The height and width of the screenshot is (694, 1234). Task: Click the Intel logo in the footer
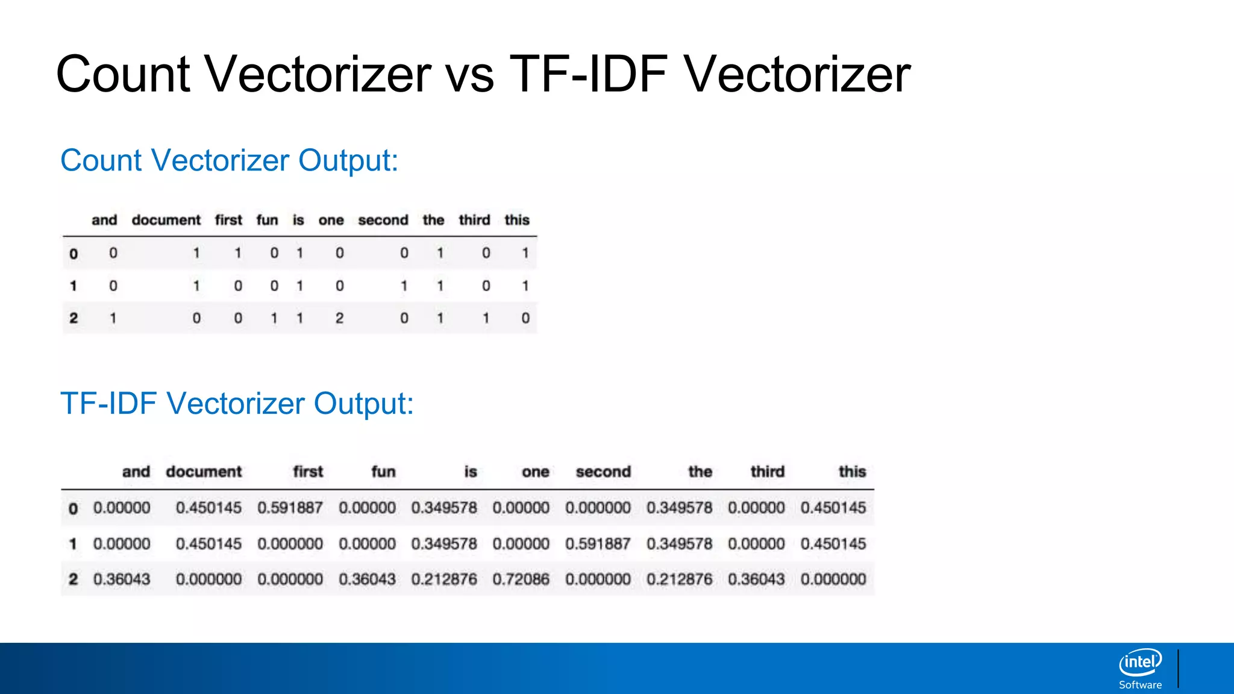(x=1140, y=663)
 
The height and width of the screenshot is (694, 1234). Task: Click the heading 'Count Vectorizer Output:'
(x=229, y=161)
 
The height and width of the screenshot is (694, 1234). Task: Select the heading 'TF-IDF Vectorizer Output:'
(x=237, y=404)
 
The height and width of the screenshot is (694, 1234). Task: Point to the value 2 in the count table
(x=340, y=318)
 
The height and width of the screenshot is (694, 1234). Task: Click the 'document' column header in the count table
(x=166, y=220)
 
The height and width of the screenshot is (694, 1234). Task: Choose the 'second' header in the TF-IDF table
(x=603, y=472)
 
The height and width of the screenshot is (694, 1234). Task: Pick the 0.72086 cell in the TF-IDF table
(x=521, y=580)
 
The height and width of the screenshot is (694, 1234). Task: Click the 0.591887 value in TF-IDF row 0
(x=290, y=508)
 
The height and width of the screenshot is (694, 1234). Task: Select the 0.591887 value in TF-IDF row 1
(x=598, y=544)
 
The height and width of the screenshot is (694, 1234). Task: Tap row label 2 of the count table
(x=74, y=318)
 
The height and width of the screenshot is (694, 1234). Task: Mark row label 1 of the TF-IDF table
(x=73, y=544)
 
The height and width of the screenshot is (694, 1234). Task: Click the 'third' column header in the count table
(x=474, y=220)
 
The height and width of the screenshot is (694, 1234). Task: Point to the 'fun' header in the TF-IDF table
(x=383, y=472)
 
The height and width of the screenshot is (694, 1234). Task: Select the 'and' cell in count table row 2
(x=113, y=318)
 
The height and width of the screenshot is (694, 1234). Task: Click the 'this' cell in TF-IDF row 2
(x=833, y=580)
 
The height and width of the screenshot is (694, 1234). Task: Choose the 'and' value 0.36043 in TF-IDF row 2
(x=122, y=580)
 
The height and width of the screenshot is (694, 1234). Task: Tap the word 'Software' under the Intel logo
(x=1140, y=685)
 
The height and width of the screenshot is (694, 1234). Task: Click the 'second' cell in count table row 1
(x=404, y=286)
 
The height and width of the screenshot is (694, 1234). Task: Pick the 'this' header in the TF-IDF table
(x=852, y=472)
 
